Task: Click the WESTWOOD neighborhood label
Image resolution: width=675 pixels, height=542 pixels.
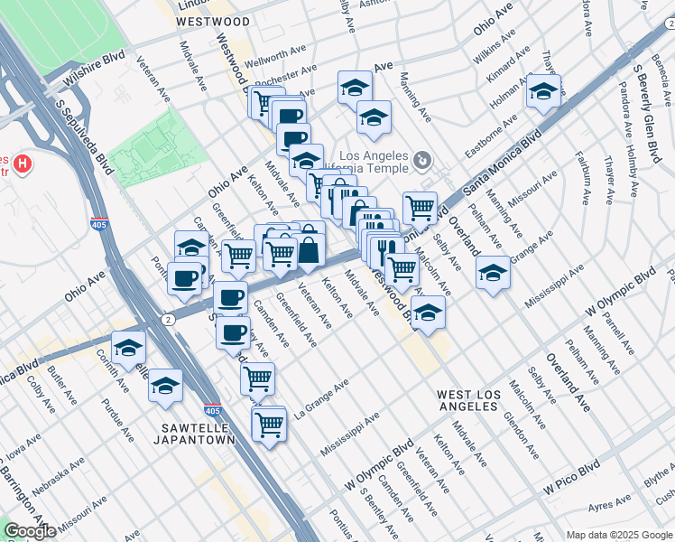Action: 213,21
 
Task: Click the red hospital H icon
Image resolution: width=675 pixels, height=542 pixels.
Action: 23,165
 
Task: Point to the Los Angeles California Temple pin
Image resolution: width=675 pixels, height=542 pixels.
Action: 422,162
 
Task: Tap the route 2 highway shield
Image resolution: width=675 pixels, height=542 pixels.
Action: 168,319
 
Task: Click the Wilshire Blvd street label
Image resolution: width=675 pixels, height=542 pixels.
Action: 93,70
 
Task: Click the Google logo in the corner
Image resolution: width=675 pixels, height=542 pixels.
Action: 30,531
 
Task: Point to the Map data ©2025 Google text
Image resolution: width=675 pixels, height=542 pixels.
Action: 618,535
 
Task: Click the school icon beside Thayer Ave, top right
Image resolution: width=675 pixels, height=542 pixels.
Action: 544,91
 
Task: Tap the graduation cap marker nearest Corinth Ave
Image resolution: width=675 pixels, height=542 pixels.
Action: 129,348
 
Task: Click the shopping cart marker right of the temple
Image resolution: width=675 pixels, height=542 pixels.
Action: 420,208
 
